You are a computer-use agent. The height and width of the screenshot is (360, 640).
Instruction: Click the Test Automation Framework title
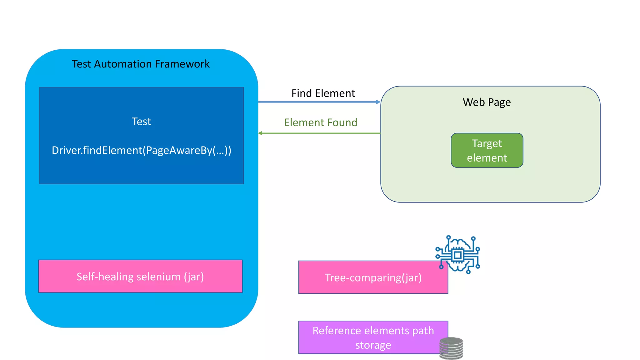pyautogui.click(x=141, y=64)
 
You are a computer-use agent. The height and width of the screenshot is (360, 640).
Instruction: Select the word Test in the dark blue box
pyautogui.click(x=141, y=122)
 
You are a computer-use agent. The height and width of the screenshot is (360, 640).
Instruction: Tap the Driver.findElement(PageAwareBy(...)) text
pyautogui.click(x=141, y=150)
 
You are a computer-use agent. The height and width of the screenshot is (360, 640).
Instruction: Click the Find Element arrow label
pyautogui.click(x=323, y=93)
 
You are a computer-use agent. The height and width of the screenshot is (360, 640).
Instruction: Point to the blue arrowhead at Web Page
pyautogui.click(x=378, y=102)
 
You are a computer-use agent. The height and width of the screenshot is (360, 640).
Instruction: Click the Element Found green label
pyautogui.click(x=320, y=122)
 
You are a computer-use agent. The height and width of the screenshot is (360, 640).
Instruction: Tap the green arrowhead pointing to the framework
pyautogui.click(x=260, y=133)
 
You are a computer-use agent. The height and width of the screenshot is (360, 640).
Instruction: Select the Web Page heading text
pyautogui.click(x=487, y=102)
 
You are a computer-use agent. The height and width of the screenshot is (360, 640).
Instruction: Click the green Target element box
pyautogui.click(x=487, y=150)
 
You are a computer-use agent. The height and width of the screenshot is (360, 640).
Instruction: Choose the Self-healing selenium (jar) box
pyautogui.click(x=140, y=277)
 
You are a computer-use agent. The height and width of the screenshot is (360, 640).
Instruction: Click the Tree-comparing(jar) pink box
pyautogui.click(x=373, y=277)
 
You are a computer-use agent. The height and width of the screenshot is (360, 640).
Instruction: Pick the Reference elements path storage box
pyautogui.click(x=373, y=337)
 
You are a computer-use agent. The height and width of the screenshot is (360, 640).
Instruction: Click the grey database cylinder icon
pyautogui.click(x=451, y=348)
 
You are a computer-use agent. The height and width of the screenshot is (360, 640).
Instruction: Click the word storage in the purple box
pyautogui.click(x=373, y=345)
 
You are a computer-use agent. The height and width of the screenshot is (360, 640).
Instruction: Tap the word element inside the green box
pyautogui.click(x=487, y=158)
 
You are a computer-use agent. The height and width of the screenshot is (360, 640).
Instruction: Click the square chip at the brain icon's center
pyautogui.click(x=458, y=255)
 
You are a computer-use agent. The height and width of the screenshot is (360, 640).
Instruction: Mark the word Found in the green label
pyautogui.click(x=342, y=122)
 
